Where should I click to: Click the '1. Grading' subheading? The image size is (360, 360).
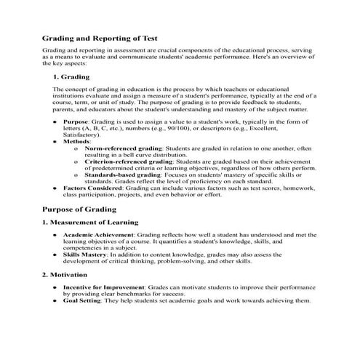[71, 76]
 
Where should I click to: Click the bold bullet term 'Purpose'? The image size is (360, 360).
[76, 122]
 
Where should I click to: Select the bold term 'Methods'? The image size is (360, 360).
[77, 142]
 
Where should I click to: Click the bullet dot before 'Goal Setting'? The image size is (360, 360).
[56, 301]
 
